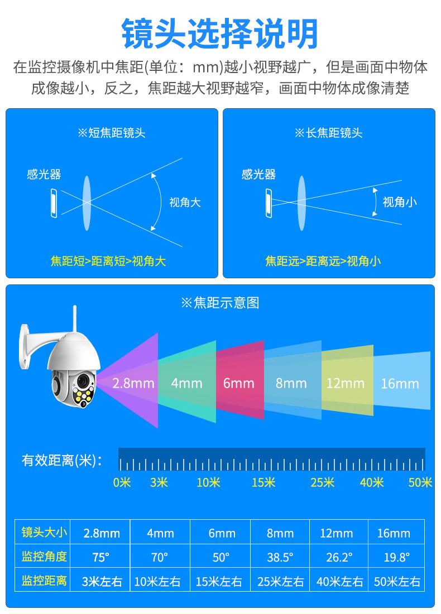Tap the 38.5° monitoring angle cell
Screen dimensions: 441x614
pos(280,557)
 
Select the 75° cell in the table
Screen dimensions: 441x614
pos(101,557)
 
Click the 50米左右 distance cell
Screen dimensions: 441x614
pos(397,582)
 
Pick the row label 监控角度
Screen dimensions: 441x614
pos(44,557)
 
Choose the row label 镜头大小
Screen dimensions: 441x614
pos(44,533)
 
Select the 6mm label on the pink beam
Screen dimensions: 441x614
pos(238,384)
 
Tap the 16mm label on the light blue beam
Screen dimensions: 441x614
pos(400,384)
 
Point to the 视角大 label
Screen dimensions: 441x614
pos(185,202)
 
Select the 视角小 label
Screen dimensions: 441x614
pos(400,202)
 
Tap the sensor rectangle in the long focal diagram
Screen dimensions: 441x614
pos(269,202)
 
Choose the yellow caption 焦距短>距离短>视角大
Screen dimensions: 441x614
pos(108,260)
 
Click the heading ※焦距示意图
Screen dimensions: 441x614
pos(220,303)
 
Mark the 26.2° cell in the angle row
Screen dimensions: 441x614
pos(339,557)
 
